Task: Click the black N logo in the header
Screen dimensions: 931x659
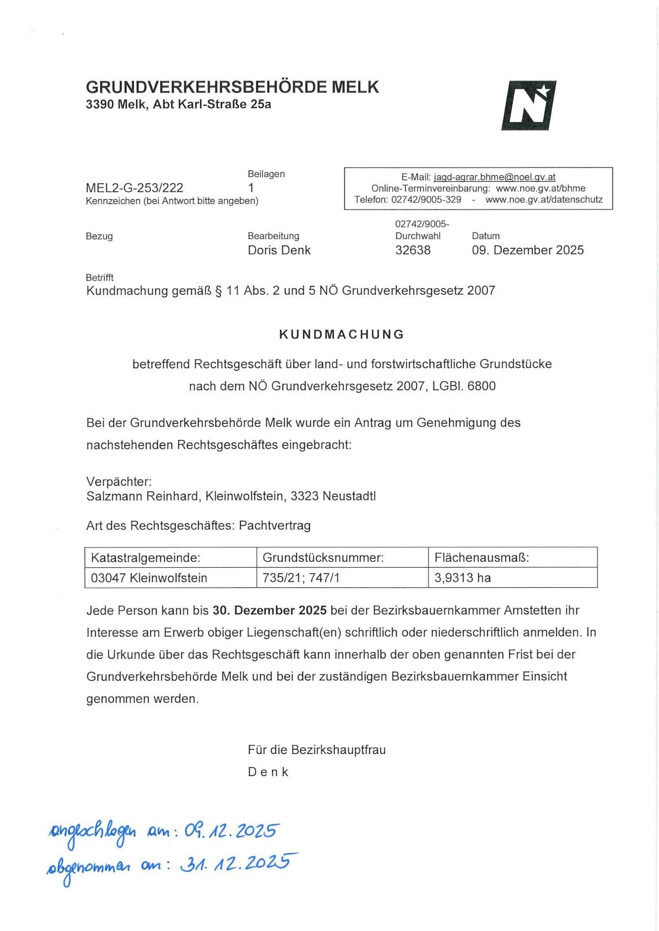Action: point(528,105)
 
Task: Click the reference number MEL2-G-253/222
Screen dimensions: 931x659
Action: point(134,188)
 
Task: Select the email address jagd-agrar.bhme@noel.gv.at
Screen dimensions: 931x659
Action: point(494,177)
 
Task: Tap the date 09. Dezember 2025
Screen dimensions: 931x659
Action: point(527,250)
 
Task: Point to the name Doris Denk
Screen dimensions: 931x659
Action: point(279,250)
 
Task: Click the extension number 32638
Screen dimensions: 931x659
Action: point(412,250)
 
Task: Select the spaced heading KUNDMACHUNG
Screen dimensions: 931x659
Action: point(342,334)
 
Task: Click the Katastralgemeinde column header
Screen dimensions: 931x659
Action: point(146,558)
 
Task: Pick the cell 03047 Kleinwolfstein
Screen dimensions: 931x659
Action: point(149,578)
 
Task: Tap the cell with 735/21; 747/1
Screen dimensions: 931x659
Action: point(301,578)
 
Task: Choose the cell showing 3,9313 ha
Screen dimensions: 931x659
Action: point(462,578)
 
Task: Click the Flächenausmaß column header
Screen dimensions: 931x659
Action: point(481,558)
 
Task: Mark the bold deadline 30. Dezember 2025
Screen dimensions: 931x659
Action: point(270,610)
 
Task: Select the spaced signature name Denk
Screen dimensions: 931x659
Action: point(268,772)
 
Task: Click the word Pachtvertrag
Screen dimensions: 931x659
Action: point(275,526)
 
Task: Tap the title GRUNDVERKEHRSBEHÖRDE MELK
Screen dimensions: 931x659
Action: point(232,87)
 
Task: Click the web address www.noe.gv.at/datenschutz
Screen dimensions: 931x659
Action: point(544,200)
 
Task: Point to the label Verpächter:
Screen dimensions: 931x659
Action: point(119,482)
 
